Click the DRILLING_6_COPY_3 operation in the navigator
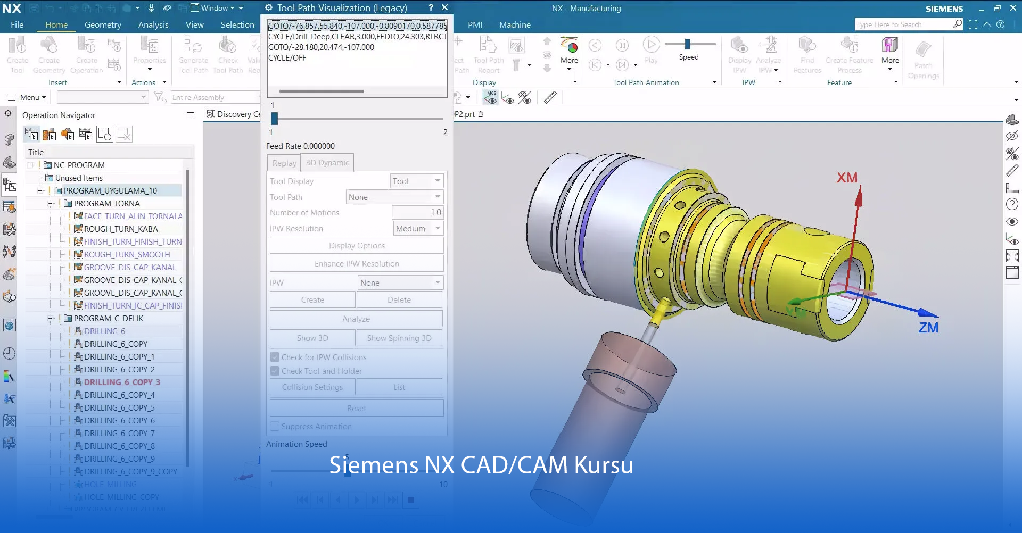[x=121, y=382]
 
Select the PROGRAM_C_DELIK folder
[x=108, y=318]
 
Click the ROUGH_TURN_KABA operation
[x=120, y=229]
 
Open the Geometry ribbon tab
[x=103, y=24]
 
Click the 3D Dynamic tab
[x=327, y=163]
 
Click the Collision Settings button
[x=312, y=387]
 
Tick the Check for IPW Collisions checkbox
[x=275, y=357]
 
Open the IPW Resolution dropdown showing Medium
[x=418, y=228]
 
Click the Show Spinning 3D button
[x=399, y=338]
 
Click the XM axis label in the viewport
[x=847, y=178]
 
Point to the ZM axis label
[x=928, y=328]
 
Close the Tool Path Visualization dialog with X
[x=445, y=7]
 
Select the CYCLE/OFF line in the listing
[x=287, y=57]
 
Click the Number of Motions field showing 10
[x=417, y=212]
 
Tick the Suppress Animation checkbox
[x=275, y=426]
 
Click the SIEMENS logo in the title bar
[x=944, y=9]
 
